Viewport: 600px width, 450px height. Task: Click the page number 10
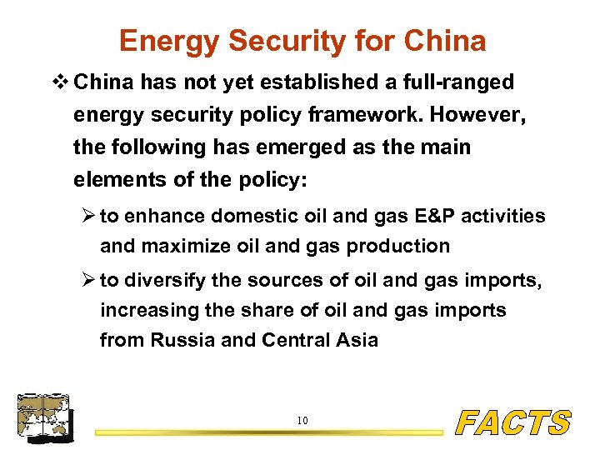point(302,421)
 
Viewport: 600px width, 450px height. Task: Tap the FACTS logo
point(514,422)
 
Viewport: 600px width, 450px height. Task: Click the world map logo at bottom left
point(44,417)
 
